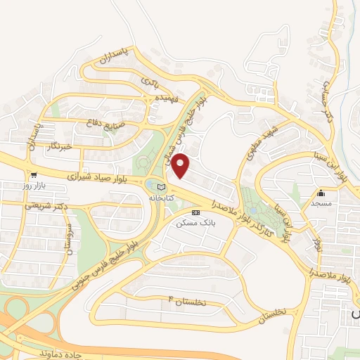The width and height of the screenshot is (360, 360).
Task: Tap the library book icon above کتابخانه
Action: tap(162, 188)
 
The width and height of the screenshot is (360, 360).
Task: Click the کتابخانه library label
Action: tap(161, 198)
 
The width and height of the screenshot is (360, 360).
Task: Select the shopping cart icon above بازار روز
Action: tap(33, 175)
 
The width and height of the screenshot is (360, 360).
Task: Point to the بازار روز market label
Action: tap(33, 186)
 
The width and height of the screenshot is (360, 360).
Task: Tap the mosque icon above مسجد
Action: tap(322, 192)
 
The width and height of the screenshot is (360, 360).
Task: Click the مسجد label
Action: tap(322, 202)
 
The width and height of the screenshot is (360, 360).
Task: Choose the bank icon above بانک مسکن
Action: tap(195, 212)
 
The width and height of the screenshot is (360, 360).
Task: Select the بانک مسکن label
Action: tap(196, 222)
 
